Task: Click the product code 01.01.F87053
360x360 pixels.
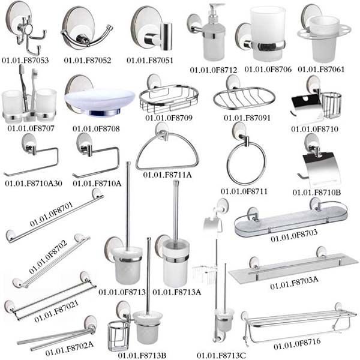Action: [x=26, y=61]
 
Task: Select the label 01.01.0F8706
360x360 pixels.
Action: [x=268, y=70]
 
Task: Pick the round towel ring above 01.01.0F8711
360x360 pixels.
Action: [x=245, y=163]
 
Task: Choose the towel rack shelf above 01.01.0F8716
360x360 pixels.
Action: [x=300, y=321]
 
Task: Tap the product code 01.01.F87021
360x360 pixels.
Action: [x=58, y=313]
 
